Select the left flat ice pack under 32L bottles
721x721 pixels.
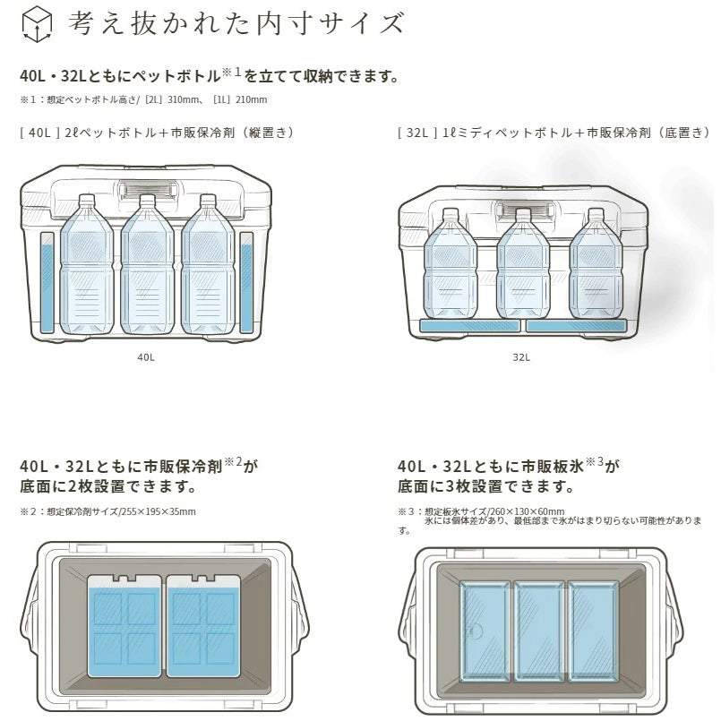pos(469,327)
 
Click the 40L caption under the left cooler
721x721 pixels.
pos(146,356)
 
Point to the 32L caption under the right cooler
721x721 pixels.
pos(521,356)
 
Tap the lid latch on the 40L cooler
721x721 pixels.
pos(148,192)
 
